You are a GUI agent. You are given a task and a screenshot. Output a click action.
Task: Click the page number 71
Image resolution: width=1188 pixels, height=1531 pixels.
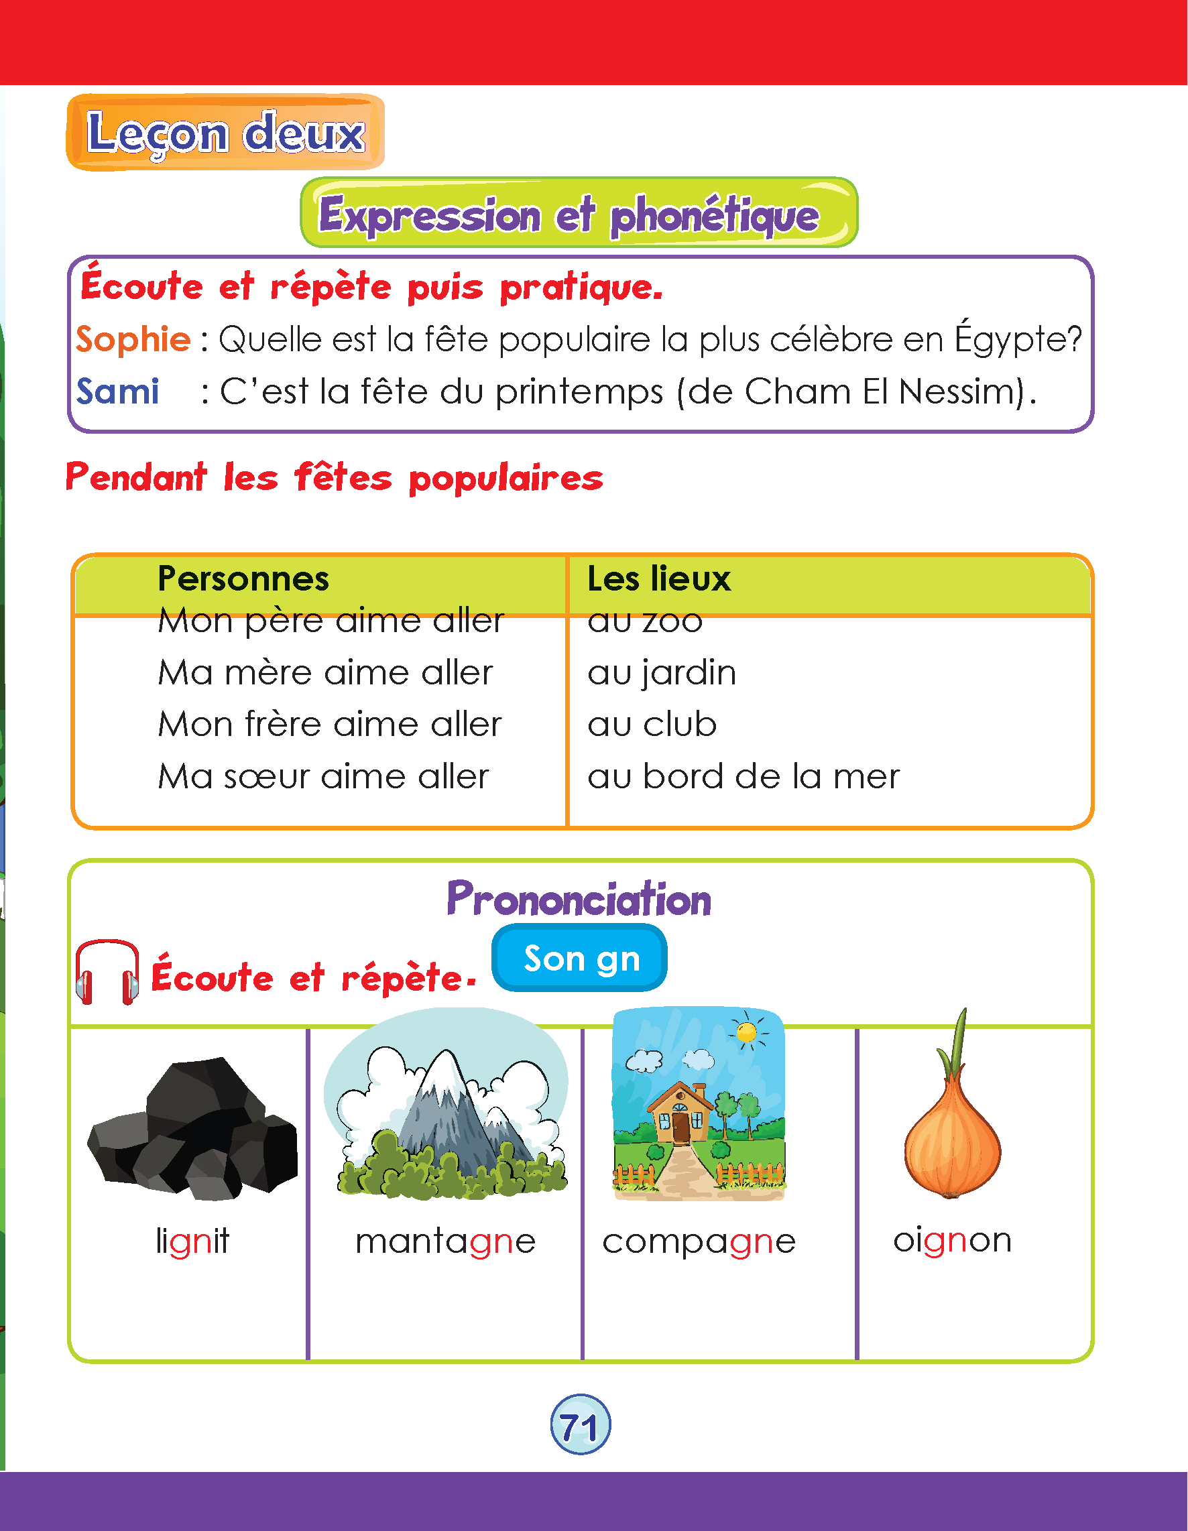point(580,1425)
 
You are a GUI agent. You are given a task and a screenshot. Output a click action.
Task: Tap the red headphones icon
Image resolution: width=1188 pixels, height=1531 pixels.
point(107,973)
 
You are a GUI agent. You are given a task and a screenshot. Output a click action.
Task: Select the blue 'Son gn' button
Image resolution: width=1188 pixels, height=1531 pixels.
point(579,958)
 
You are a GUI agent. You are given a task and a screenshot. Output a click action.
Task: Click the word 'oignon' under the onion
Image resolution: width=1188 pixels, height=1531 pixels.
point(951,1240)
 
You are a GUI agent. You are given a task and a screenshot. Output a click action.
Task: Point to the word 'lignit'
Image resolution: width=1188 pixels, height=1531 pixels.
point(192,1241)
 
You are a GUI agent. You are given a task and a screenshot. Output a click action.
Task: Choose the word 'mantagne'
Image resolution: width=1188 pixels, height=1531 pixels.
point(445,1241)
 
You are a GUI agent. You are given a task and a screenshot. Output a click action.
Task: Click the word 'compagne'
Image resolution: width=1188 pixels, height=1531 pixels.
point(699,1241)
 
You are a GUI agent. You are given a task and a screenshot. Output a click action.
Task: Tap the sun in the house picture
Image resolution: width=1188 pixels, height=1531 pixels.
point(747,1032)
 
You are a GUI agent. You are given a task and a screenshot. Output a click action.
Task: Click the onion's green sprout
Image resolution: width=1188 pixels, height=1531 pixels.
point(958,1044)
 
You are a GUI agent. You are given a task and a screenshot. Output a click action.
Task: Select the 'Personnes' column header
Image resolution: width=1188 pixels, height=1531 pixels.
point(243,579)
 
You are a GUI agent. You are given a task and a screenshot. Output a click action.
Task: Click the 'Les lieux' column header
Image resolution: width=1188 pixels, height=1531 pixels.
point(658,579)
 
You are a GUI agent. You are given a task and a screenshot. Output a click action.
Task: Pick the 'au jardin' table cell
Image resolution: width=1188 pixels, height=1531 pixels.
point(661,673)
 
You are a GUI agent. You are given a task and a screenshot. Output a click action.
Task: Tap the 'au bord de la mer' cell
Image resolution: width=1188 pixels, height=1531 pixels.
point(743,777)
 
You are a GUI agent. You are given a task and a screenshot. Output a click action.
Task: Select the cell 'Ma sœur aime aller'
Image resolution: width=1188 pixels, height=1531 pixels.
point(323,777)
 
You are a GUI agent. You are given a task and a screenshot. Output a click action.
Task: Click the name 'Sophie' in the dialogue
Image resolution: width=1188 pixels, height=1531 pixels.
point(133,339)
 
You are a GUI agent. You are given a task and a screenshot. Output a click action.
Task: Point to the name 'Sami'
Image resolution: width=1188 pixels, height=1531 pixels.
point(118,391)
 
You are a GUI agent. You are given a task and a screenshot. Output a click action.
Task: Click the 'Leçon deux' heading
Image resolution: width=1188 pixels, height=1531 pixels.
point(226,133)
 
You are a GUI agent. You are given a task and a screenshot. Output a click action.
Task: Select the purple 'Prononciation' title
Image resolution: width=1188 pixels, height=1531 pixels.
point(579,899)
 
